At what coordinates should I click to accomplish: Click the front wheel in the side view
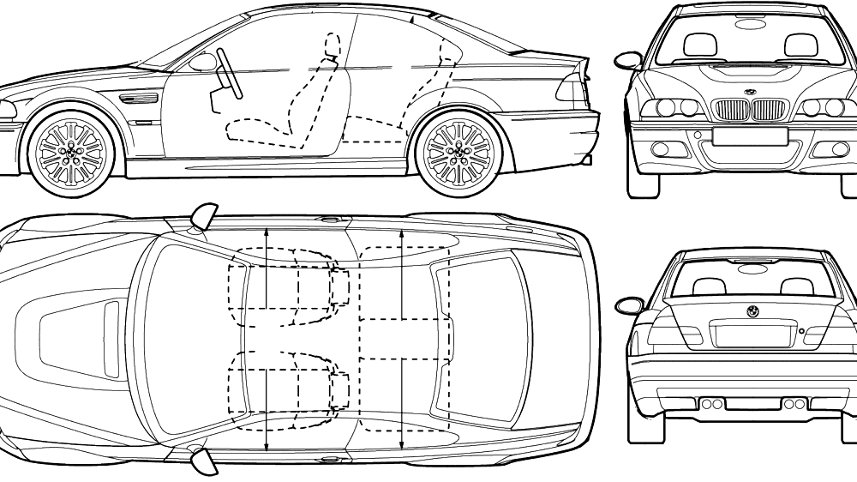[70, 150]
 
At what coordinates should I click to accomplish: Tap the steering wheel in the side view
[229, 72]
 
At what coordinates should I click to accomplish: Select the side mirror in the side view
[203, 62]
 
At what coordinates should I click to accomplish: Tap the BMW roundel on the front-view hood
[750, 92]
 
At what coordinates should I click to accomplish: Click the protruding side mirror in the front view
[626, 60]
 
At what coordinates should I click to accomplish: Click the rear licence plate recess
[752, 334]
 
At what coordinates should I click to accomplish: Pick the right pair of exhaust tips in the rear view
[794, 403]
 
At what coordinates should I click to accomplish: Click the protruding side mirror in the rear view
[629, 304]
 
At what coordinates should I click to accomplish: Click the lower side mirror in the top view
[204, 461]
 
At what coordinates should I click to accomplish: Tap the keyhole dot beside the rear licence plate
[800, 330]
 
